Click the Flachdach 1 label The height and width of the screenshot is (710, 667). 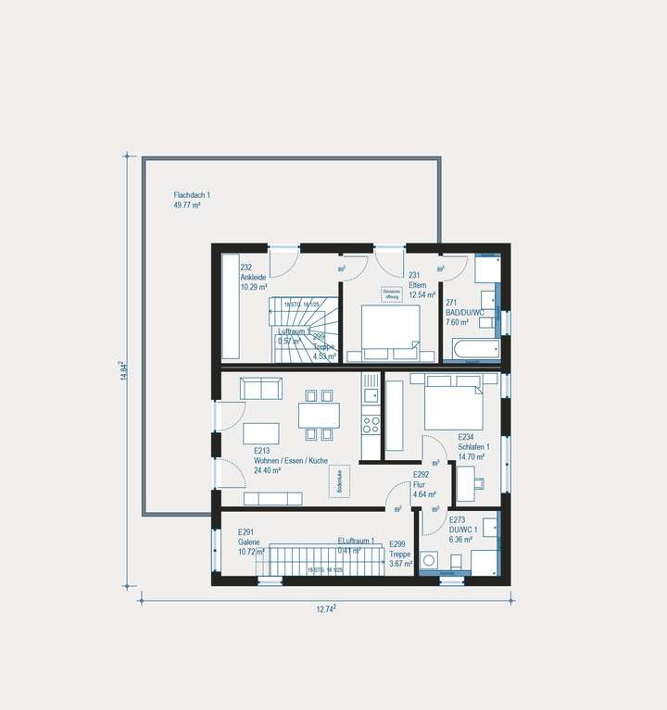(192, 194)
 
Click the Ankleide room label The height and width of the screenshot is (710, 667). (254, 278)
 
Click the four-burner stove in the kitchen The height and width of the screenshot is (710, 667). (371, 425)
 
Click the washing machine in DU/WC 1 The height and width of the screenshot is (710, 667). (430, 560)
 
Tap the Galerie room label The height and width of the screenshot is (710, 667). (247, 542)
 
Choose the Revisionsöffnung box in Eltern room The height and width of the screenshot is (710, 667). (392, 293)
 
